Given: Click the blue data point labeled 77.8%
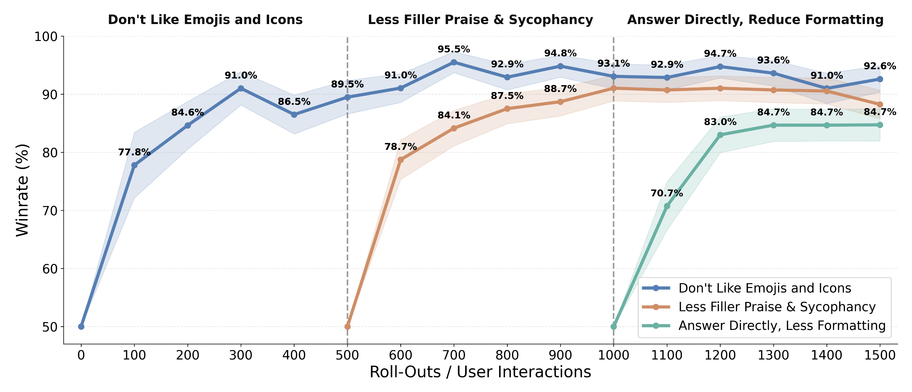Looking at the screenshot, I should pos(134,165).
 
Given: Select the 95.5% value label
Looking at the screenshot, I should pos(453,49).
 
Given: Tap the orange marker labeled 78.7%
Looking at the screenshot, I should pos(400,160).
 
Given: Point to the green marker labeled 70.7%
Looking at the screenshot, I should pos(667,206).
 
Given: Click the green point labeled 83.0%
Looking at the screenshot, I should pos(720,135).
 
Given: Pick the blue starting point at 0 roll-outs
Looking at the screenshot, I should pos(81,326).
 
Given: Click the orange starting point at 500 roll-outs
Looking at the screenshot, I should pos(347,326).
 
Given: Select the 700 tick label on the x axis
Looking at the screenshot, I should pos(453,355).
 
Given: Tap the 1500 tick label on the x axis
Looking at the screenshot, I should pos(880,355).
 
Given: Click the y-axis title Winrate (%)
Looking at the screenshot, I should pos(22,190).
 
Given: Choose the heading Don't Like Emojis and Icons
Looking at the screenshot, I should pos(205,20).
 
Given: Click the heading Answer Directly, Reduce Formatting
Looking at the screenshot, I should pos(755,20).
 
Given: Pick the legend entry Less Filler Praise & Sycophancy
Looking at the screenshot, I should pos(777,307).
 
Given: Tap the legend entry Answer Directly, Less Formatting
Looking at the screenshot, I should pos(782,325).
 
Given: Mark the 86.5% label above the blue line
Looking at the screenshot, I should pos(294,102).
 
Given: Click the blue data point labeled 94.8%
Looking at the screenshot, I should pos(560,66).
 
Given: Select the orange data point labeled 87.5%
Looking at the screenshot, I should pos(507,109).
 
